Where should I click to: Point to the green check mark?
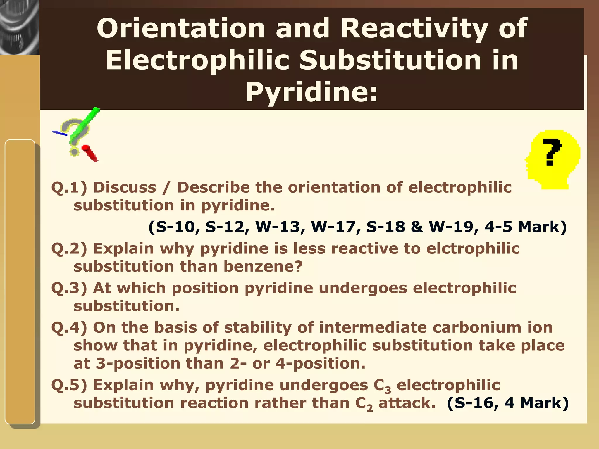(85, 126)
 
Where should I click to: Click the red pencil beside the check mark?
(90, 153)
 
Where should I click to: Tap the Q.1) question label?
(69, 187)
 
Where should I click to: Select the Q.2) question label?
(69, 249)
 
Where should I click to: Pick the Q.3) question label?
(69, 288)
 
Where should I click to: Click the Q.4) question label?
(69, 327)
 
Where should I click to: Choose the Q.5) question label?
(69, 385)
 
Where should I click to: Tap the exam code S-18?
(385, 227)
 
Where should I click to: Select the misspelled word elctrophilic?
(473, 249)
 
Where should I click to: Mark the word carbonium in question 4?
(477, 327)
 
